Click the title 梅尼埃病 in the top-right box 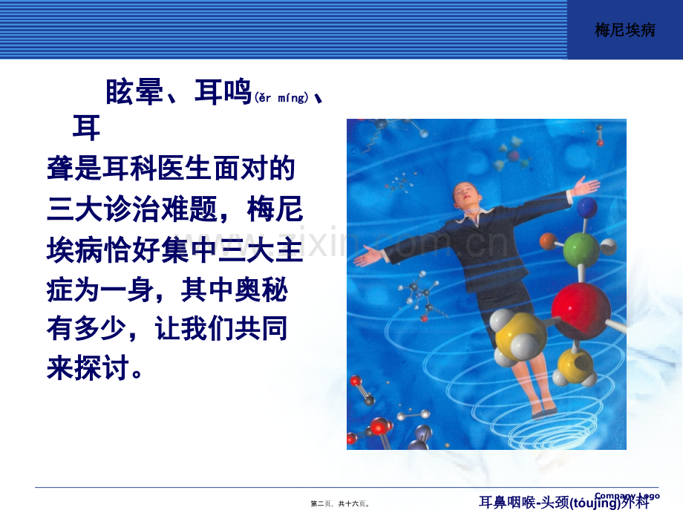(625, 30)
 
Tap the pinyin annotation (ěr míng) (281, 98)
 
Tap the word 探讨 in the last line (103, 367)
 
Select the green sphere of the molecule (581, 250)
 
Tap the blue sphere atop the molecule (587, 207)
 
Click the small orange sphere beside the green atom (548, 241)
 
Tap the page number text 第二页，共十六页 (340, 503)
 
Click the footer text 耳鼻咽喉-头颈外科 (563, 503)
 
